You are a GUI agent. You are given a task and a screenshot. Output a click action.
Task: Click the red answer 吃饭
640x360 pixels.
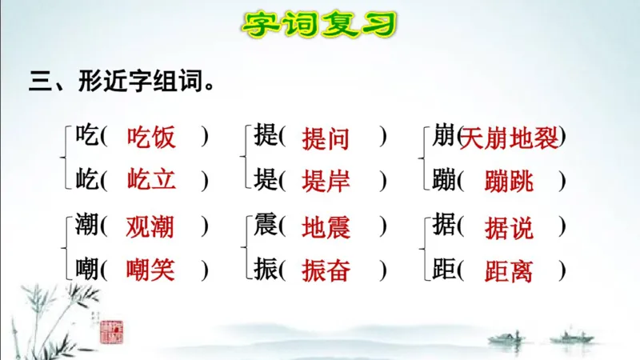coord(151,137)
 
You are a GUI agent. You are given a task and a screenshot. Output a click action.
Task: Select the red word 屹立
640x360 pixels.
coord(151,179)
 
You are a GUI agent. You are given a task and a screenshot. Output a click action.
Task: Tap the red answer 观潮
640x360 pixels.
coord(150,227)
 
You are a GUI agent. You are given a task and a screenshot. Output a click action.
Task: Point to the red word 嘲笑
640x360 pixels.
coord(150,270)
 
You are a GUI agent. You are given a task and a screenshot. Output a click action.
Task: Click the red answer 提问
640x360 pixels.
coord(326,138)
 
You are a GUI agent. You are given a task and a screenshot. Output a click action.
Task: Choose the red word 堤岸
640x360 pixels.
coord(326,180)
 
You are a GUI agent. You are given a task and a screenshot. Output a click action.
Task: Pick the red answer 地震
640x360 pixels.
coord(326,228)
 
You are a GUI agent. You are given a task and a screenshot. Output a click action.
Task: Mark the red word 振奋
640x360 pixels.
coord(326,270)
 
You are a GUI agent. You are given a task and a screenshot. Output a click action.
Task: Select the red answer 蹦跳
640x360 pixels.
coord(509,180)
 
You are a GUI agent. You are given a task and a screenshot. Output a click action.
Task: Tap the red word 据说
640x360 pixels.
coord(509,228)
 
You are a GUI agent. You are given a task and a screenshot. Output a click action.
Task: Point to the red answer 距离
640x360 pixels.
coord(509,270)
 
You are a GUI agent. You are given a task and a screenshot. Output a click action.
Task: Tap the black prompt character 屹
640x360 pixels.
coord(86,179)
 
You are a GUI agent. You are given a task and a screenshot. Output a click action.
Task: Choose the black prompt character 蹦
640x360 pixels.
coord(444,179)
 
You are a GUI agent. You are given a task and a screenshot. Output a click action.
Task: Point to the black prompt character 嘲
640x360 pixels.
coord(86,270)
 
